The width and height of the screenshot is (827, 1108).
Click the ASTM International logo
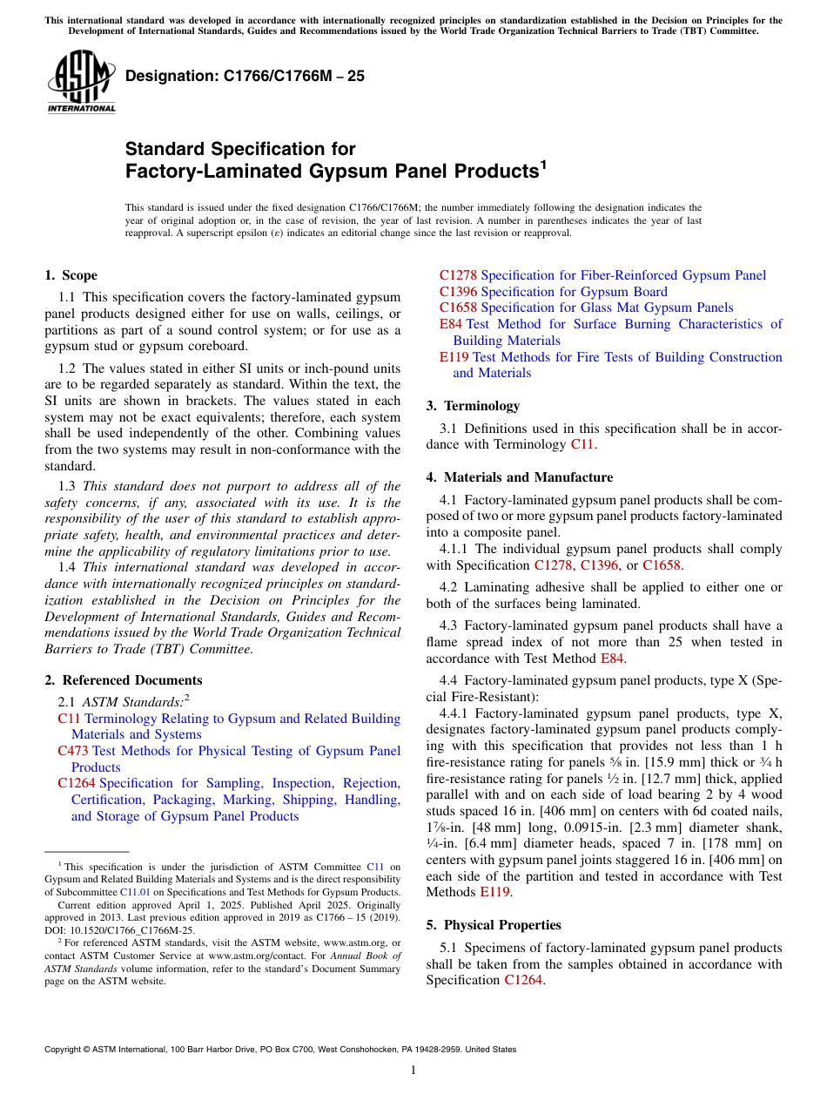[81, 83]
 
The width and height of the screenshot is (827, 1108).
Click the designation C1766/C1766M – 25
[245, 77]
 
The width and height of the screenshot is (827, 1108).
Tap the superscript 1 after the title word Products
[543, 163]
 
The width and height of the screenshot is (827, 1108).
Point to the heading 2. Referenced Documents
[123, 680]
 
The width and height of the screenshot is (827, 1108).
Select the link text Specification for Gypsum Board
[574, 292]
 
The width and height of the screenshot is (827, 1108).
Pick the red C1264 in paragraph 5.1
[523, 980]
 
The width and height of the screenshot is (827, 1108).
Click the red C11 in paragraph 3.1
[582, 444]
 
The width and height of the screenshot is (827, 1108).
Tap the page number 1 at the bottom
[413, 1071]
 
